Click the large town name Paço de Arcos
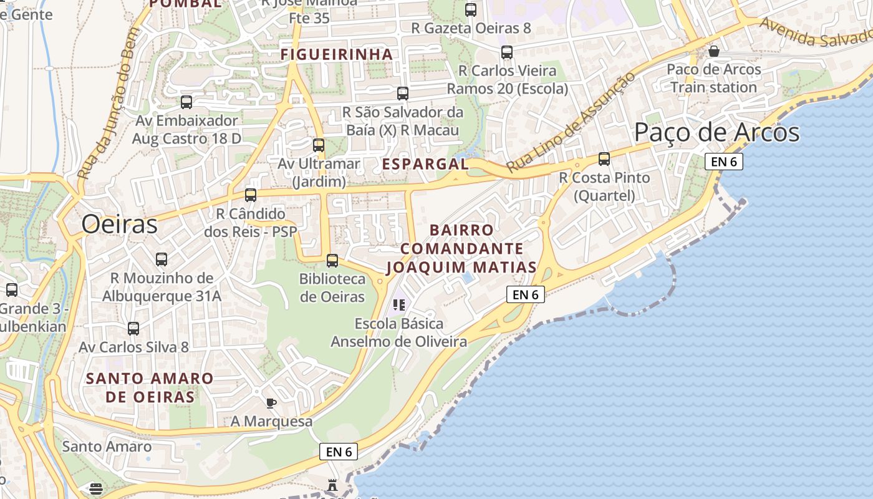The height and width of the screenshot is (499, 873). pos(716,133)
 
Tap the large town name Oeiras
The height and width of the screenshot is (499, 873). pos(119,224)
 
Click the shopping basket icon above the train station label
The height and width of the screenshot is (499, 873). pos(714,51)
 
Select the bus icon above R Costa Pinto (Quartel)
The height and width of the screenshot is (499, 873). pos(604,159)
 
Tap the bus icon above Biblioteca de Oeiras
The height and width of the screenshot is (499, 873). pos(332,261)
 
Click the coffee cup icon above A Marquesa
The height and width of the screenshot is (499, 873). pos(271,403)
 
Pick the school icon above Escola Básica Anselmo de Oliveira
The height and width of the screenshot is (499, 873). pos(399,305)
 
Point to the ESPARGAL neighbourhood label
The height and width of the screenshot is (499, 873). pos(425,164)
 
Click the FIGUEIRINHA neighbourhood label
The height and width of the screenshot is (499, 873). pos(337,54)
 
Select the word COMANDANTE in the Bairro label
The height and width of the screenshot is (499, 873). pos(461,249)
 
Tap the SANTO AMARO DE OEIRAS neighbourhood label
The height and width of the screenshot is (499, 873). pos(150,387)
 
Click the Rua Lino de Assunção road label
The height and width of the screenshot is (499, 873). pos(570,123)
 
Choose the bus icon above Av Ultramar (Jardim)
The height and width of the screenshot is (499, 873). pos(319,145)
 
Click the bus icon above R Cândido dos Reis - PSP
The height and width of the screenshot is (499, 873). pos(251,195)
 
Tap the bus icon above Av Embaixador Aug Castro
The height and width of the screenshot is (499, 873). pos(186,102)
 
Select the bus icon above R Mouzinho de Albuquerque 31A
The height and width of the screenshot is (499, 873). pos(162,259)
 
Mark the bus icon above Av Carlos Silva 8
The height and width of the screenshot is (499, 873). pos(133,329)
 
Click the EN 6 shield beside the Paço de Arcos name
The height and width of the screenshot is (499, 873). pos(724,162)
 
